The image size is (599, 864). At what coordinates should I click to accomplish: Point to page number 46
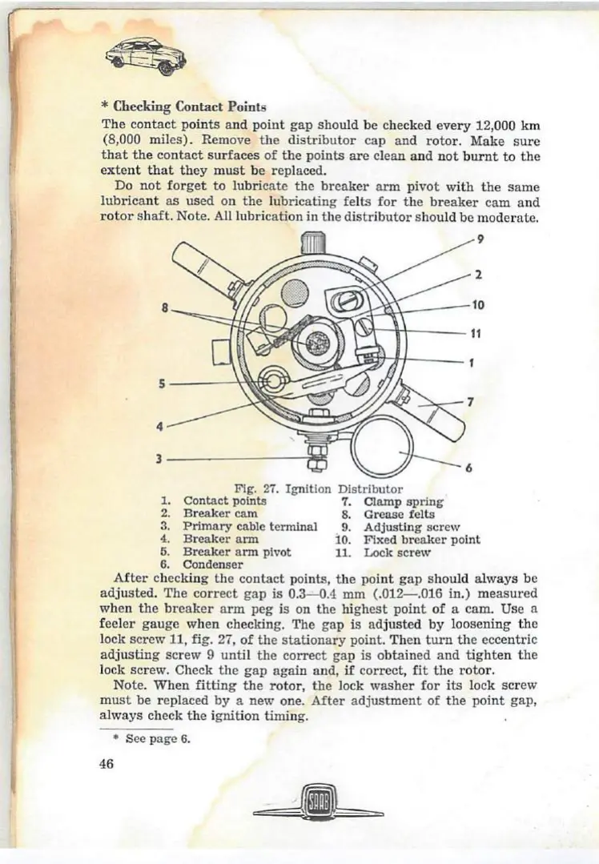pos(107,763)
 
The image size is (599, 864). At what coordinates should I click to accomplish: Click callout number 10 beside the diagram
pos(478,304)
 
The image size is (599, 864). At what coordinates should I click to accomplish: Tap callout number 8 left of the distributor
pos(166,307)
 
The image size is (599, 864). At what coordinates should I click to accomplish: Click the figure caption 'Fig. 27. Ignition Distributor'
pos(318,488)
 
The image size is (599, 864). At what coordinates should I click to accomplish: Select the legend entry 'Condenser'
pos(213,565)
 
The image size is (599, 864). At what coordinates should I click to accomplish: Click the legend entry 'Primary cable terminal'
pos(250,527)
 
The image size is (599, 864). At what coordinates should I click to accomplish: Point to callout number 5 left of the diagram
pos(163,384)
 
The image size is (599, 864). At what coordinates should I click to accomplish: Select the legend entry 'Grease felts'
pos(399,514)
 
